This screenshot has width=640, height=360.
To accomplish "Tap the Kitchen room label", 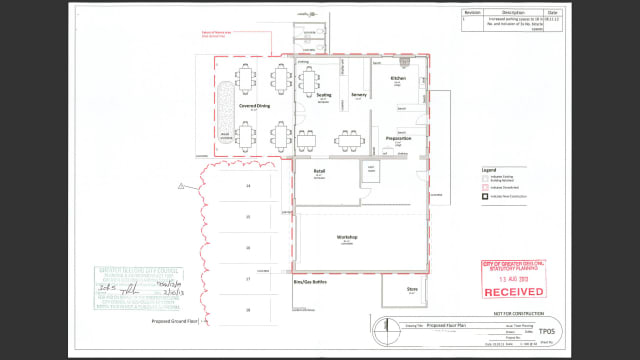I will coord(397,77).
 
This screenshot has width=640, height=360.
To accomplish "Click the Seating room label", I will coord(323,96).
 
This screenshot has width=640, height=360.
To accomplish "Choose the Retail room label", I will coord(320,172).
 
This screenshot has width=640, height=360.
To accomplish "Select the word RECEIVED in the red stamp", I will coord(514,292).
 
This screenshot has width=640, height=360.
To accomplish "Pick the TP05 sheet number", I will coord(543,330).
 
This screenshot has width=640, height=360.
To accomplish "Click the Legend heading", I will coord(490,171).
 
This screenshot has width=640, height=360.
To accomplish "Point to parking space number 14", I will coord(247,186).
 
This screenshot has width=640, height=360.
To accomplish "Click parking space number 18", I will coord(247,311).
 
